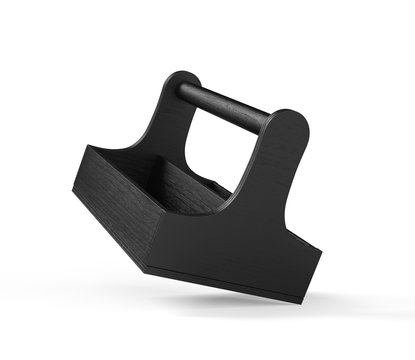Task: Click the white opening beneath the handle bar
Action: [215, 150]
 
